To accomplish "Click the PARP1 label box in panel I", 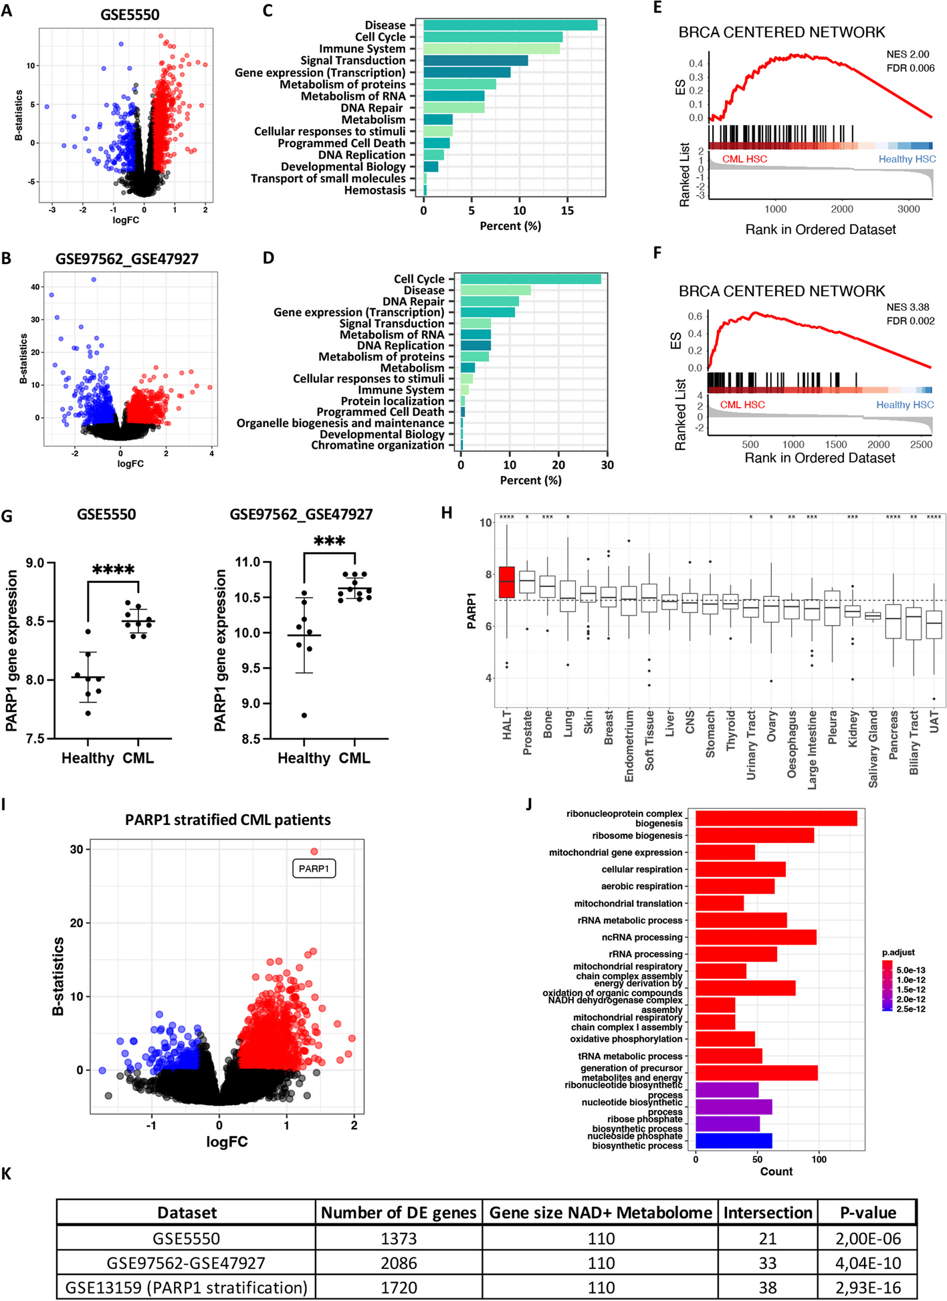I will [314, 868].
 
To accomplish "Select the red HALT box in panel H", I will [507, 582].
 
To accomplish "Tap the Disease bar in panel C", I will [510, 25].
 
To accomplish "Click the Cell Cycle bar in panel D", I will [530, 279].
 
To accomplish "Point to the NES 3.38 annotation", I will [908, 307].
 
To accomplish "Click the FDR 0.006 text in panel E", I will [910, 68].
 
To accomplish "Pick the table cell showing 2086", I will [399, 1263].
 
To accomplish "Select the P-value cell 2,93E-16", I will [867, 1288].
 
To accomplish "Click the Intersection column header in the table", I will [767, 1213].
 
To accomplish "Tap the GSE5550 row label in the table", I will [186, 1238].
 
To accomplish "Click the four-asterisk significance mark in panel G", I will [113, 570].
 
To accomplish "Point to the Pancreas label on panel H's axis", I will [893, 735].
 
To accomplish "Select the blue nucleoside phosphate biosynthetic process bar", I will [734, 1141].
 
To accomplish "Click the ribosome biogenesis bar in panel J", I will [754, 835].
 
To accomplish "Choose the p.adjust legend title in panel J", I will [898, 952].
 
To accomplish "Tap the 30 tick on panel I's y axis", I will [76, 850].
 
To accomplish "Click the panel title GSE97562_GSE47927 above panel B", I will [127, 259].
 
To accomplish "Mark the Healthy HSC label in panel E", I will [907, 159].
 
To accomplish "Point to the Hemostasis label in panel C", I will [375, 191].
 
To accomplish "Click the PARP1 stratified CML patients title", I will [227, 820].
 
